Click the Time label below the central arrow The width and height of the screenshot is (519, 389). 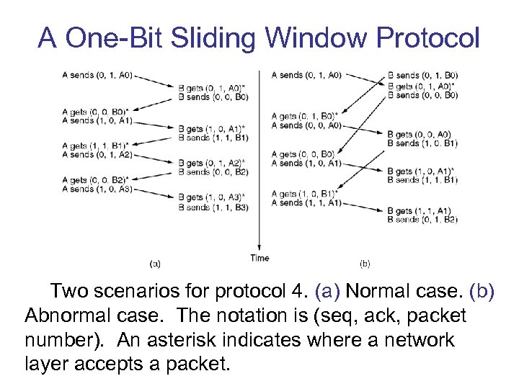259,258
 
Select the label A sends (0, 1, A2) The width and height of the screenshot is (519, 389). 97,155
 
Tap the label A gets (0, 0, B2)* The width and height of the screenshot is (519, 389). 97,181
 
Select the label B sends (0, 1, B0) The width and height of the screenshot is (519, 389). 422,76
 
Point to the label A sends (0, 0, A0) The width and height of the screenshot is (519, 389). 306,125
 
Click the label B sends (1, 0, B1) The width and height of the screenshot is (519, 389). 422,143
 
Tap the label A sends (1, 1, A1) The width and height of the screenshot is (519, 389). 306,203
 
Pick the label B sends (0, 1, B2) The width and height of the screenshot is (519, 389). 422,220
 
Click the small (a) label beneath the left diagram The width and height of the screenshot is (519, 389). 155,264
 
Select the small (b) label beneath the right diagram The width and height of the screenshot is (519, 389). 365,264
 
